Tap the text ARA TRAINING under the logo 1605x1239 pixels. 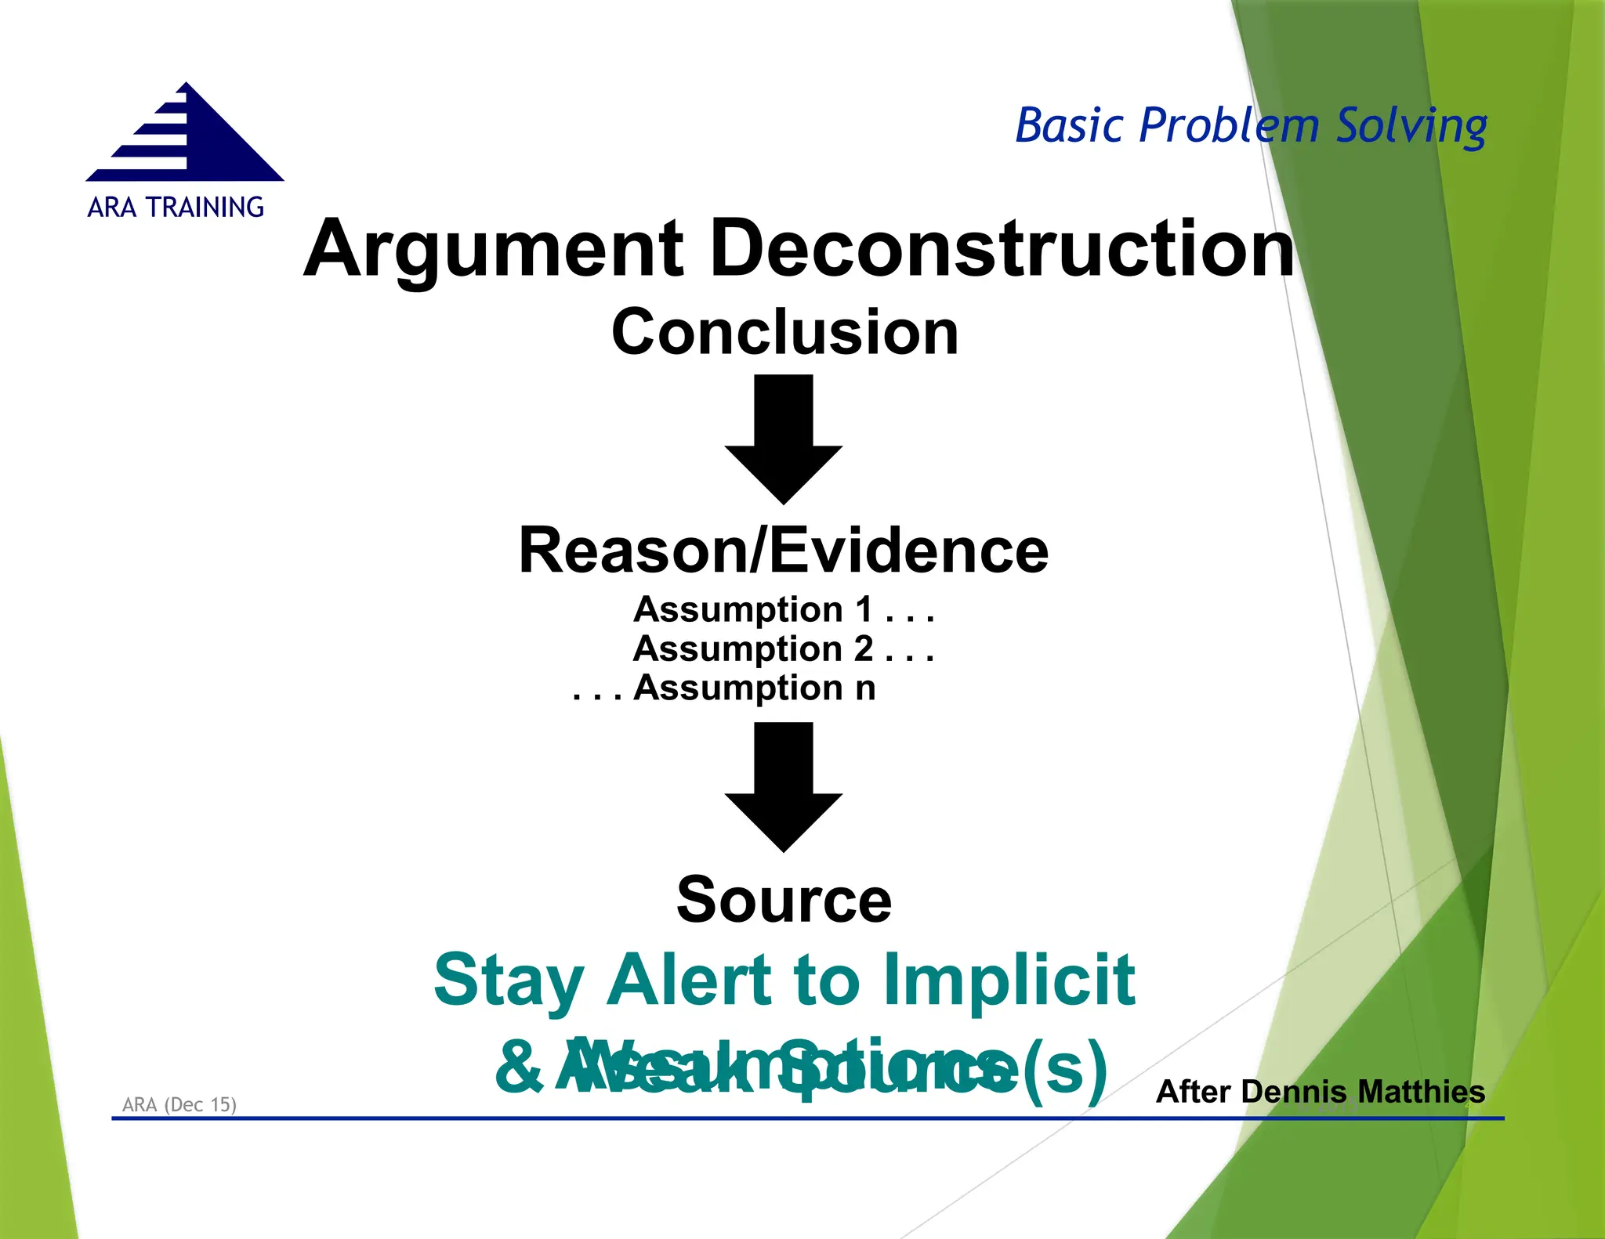click(x=176, y=208)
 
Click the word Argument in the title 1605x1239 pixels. click(x=494, y=249)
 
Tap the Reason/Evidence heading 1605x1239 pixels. click(x=783, y=551)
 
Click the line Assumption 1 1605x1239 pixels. click(x=783, y=609)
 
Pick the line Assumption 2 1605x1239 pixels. click(x=783, y=648)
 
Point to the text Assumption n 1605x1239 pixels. click(x=754, y=688)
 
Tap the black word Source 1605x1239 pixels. click(x=783, y=900)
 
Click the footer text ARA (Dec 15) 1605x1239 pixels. click(x=179, y=1104)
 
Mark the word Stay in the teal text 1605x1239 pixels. click(x=509, y=982)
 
